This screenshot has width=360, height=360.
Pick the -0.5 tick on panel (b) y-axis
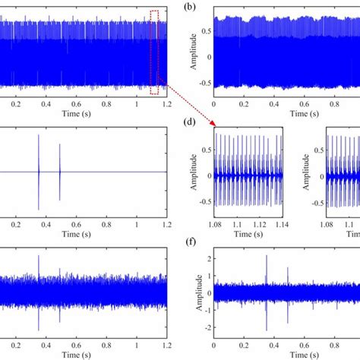point(202,84)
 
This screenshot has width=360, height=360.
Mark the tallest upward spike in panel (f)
point(267,258)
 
